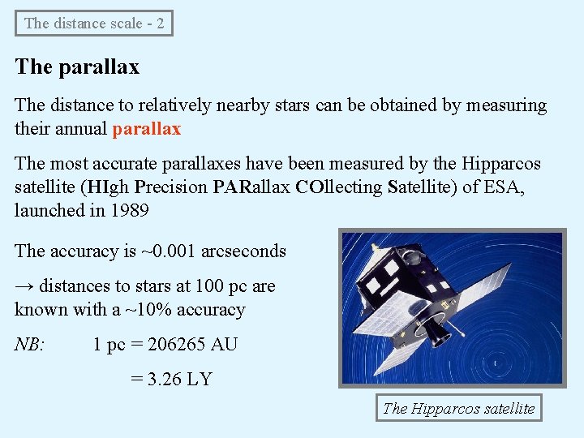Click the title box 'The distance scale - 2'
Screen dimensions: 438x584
pyautogui.click(x=94, y=24)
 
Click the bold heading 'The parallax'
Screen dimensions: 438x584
pyautogui.click(x=77, y=67)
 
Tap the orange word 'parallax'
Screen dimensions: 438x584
pyautogui.click(x=146, y=128)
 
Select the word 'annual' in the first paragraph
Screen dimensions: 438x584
pyautogui.click(x=82, y=128)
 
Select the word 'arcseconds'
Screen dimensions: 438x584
pyautogui.click(x=243, y=251)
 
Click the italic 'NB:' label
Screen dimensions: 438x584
pyautogui.click(x=30, y=344)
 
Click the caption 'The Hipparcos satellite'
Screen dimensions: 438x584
pyautogui.click(x=459, y=408)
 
